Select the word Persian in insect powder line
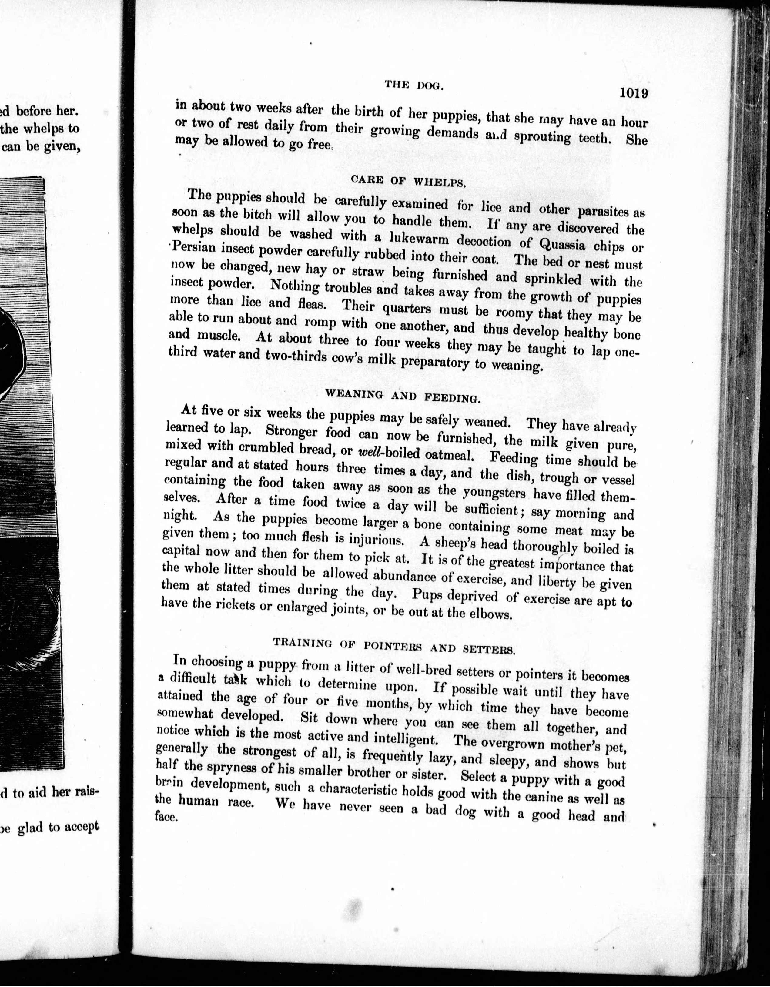[x=193, y=248]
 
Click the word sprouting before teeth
[x=543, y=137]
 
